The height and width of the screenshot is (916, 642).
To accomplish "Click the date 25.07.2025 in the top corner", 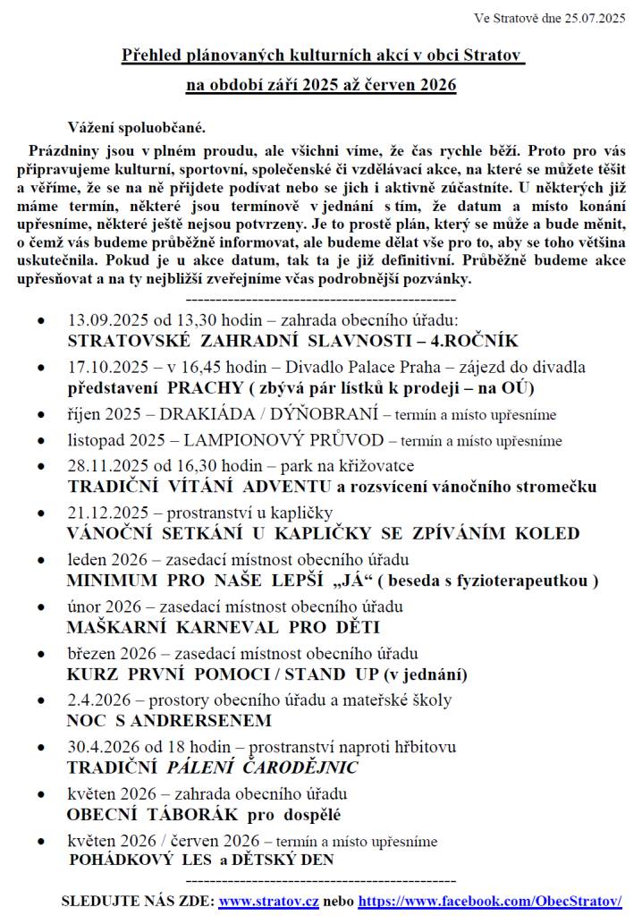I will [593, 18].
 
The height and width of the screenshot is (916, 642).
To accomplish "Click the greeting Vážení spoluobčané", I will [137, 126].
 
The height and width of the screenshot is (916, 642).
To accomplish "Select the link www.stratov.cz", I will [268, 901].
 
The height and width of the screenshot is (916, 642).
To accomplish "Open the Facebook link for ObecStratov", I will [490, 901].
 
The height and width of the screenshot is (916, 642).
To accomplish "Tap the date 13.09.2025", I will [105, 319].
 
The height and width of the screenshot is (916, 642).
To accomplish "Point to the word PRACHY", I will [205, 388].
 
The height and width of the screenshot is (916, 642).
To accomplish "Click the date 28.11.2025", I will [105, 466].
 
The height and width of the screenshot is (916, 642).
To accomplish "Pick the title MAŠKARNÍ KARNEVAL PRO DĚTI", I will [224, 627].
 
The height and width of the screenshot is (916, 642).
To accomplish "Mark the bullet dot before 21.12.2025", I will [41, 514].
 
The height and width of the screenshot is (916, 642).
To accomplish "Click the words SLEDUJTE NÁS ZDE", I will [137, 901].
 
